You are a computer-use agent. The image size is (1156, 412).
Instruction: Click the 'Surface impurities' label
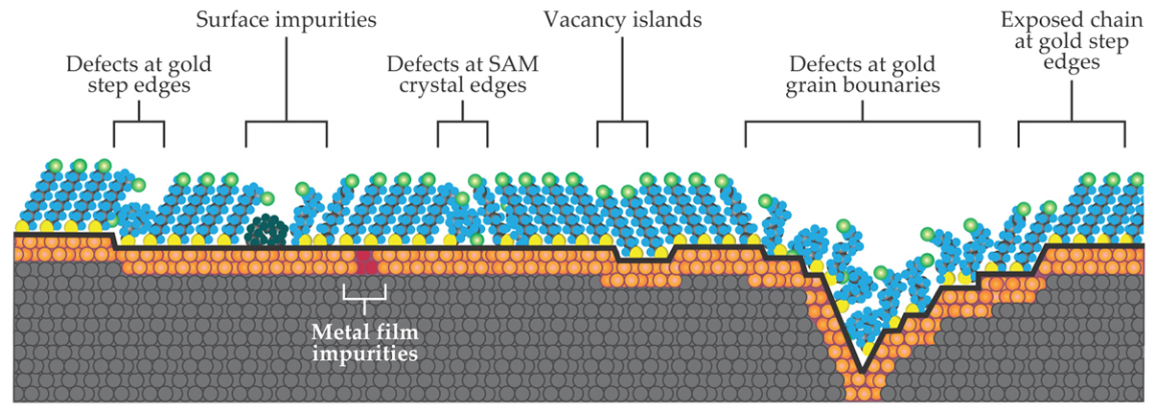[286, 18]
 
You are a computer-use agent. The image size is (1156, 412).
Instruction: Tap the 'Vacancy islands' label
[622, 18]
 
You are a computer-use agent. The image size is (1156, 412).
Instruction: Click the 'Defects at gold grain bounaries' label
[864, 75]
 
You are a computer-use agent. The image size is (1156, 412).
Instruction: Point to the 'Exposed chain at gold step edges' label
[1070, 41]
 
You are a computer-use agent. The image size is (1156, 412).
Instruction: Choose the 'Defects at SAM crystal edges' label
[463, 75]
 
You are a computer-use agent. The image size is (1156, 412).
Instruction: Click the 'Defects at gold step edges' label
[140, 75]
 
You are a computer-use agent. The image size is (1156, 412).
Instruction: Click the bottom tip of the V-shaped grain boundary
[863, 371]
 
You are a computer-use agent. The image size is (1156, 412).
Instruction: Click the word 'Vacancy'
[584, 18]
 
